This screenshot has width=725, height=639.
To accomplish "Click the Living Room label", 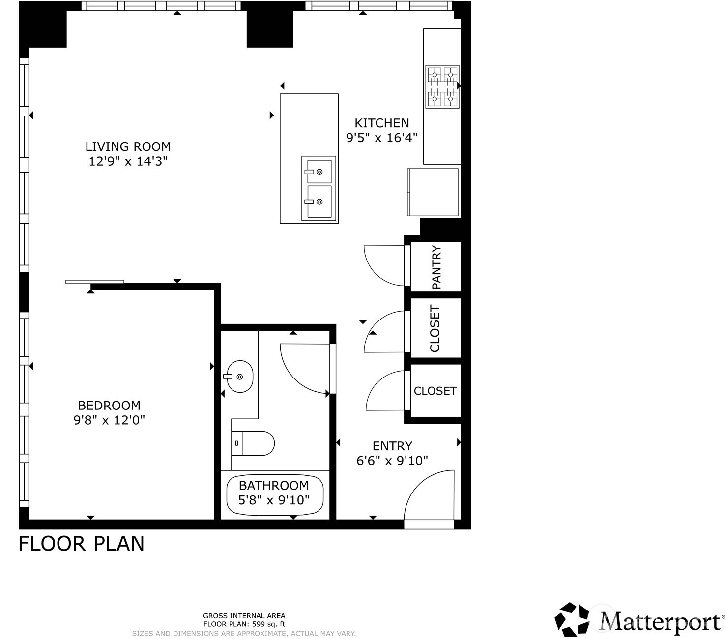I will [128, 146].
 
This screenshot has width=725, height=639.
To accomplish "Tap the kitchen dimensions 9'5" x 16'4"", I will [382, 138].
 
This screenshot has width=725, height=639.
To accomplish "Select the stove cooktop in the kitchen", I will [442, 87].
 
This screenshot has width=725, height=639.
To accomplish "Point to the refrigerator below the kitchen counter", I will [433, 192].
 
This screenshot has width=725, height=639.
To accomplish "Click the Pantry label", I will [436, 267].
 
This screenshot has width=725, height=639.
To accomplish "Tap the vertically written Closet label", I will [435, 328].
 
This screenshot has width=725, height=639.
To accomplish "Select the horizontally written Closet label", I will [435, 391].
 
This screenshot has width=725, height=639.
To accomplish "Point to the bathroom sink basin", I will [239, 377].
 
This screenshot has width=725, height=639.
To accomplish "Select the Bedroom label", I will [109, 406].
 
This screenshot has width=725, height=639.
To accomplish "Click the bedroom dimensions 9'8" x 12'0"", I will [109, 420].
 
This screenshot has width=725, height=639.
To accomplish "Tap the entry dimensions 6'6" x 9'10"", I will [392, 461].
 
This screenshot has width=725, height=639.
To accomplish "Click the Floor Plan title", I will [82, 544].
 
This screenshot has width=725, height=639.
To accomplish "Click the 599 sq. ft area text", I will [268, 624].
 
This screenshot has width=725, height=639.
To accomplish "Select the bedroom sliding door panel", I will [94, 282].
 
